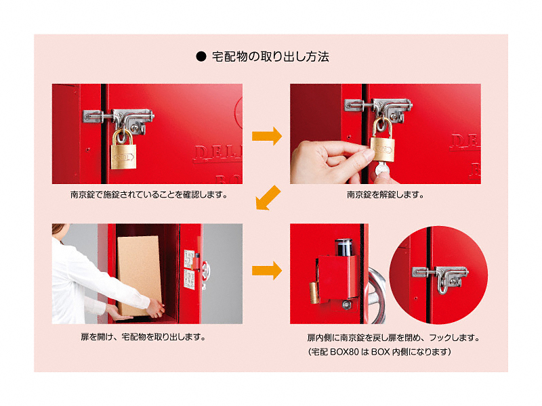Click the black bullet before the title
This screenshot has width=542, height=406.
pyautogui.click(x=201, y=57)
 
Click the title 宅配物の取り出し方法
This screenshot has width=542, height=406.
pyautogui.click(x=270, y=57)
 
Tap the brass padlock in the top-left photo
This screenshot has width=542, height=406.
pyautogui.click(x=123, y=150)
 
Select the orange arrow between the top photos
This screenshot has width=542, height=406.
pyautogui.click(x=267, y=136)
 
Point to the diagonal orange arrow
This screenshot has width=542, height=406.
pyautogui.click(x=268, y=198)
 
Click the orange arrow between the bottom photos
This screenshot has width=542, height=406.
pyautogui.click(x=267, y=270)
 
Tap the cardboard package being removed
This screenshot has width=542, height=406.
pyautogui.click(x=140, y=276)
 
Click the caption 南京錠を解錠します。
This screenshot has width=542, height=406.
pyautogui.click(x=385, y=195)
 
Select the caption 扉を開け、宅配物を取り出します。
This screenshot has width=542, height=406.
pyautogui.click(x=144, y=336)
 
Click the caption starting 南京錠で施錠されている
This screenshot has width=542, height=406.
pyautogui.click(x=149, y=195)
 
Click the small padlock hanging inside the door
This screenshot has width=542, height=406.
pyautogui.click(x=314, y=293)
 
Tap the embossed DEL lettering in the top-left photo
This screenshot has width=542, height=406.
pyautogui.click(x=217, y=154)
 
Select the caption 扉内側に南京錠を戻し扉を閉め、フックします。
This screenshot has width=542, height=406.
pyautogui.click(x=394, y=337)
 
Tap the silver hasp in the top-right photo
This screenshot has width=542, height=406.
pyautogui.click(x=379, y=110)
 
